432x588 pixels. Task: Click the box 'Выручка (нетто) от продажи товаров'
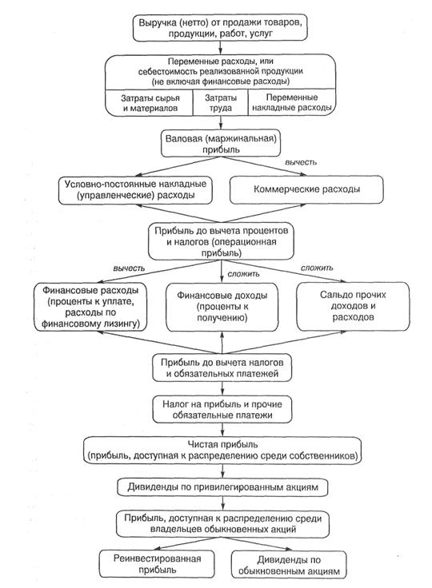click(220, 27)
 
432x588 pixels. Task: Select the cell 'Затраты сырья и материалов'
click(150, 103)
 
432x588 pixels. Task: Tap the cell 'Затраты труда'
click(221, 103)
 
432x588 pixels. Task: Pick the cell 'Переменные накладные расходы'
click(291, 102)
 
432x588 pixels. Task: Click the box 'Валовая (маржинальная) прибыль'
click(221, 144)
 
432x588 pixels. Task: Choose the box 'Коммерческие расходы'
click(306, 189)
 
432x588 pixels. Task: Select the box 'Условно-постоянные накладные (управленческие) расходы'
click(136, 190)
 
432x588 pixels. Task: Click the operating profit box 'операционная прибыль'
click(221, 241)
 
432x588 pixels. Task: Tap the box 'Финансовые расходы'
click(90, 307)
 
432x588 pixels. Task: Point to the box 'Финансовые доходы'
click(222, 307)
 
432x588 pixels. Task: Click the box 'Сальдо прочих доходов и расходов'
click(353, 306)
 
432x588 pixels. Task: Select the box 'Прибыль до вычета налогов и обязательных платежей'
click(222, 367)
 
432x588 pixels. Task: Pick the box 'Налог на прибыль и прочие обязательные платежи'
click(222, 410)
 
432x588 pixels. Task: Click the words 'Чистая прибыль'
click(222, 444)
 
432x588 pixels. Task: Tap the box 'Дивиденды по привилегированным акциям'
click(222, 487)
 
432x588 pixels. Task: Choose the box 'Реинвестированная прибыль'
click(157, 564)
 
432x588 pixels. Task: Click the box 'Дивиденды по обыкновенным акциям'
click(289, 565)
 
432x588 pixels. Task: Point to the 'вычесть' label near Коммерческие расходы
click(301, 162)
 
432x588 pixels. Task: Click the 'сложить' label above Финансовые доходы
click(243, 274)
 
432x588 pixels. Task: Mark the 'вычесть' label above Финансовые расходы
click(129, 268)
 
